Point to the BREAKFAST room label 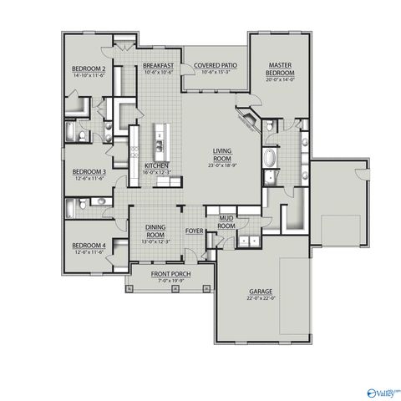(x=157, y=65)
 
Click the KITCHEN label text (x=157, y=165)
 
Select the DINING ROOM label (x=157, y=228)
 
